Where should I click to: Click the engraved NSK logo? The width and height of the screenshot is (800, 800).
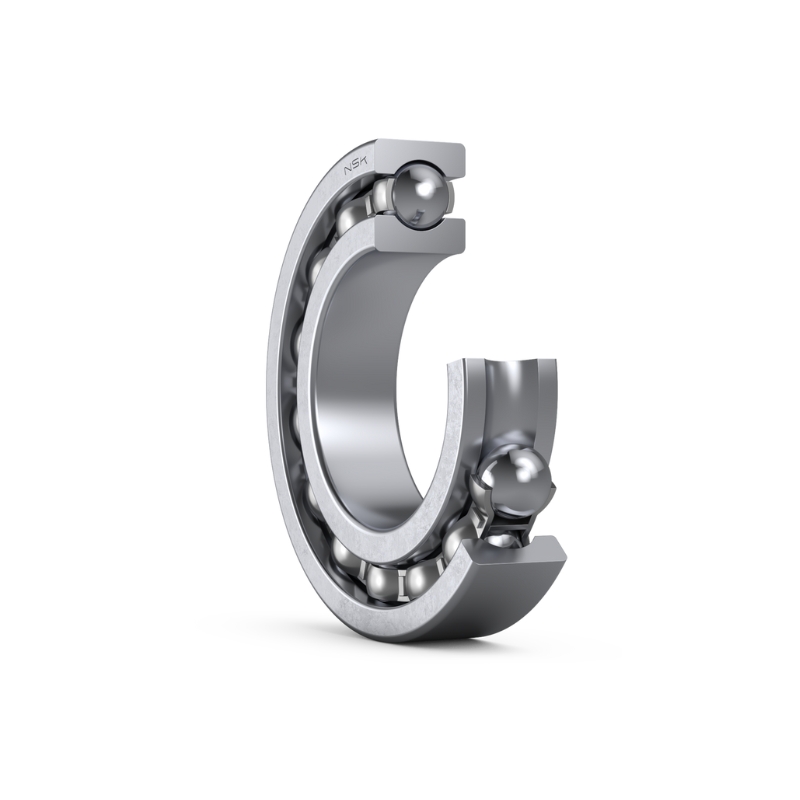358,166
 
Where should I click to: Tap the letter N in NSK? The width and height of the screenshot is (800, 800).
349,170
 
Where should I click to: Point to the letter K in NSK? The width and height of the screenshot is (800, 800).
368,161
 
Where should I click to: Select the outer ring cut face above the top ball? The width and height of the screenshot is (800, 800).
419,156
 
